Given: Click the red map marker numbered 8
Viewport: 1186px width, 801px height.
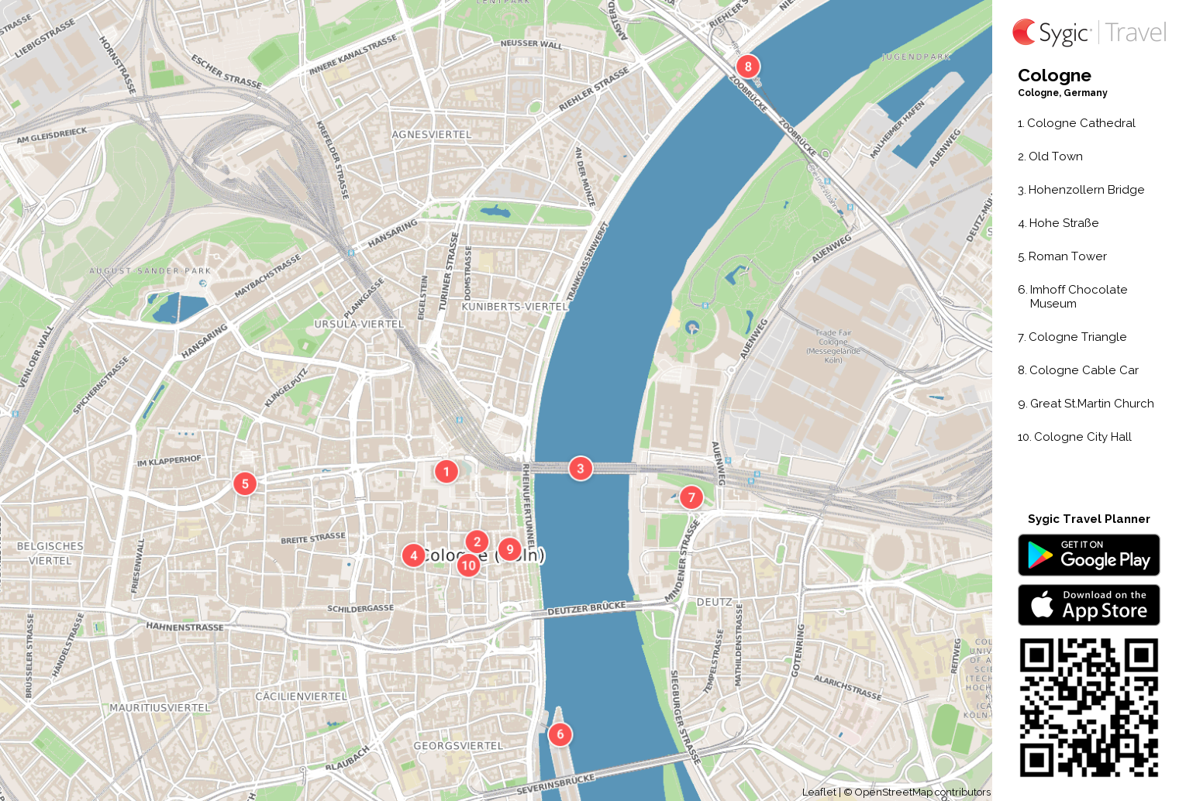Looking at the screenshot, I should pos(748,67).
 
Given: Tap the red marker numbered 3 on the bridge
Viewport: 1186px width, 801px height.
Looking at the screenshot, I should pos(581,469).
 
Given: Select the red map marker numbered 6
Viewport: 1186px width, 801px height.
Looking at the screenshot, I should pos(560,734).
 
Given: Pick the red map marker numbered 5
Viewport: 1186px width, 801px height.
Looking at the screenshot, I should pos(245,484).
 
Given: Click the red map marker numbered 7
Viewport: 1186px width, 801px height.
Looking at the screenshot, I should pos(691,497).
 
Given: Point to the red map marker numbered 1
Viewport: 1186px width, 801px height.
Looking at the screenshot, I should pos(446,472).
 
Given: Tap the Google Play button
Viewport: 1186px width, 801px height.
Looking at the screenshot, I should pos(1088,555).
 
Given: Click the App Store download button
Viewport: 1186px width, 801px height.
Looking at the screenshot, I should pos(1088,605).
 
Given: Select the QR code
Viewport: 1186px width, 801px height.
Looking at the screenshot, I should pos(1088,707).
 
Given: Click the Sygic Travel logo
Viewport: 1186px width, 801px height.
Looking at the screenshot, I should pos(1088,33).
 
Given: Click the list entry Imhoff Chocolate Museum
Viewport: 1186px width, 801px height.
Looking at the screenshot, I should pos(1077,297).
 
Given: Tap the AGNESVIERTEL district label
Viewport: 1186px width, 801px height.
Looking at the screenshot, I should pos(432,135).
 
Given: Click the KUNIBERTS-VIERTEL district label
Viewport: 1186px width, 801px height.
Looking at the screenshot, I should pos(515,307).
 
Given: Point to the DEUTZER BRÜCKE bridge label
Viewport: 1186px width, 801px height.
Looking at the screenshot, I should pos(587,609).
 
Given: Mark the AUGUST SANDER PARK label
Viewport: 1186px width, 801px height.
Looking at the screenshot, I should pos(150,271).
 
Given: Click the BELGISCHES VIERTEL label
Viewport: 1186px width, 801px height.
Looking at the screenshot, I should pos(50,553).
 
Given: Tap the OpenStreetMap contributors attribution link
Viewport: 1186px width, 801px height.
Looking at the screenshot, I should pos(922,792).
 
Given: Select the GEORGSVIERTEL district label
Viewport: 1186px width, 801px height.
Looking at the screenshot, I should pos(458,746).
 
